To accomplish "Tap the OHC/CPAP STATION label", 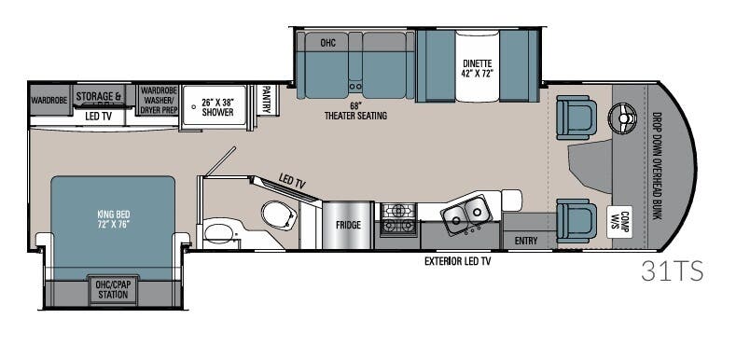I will [x=113, y=289].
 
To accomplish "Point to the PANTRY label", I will [x=266, y=100].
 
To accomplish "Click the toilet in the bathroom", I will [x=277, y=215].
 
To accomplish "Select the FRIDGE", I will [x=348, y=224].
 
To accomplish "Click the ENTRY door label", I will [x=526, y=241].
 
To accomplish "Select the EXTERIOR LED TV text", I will [x=458, y=262].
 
